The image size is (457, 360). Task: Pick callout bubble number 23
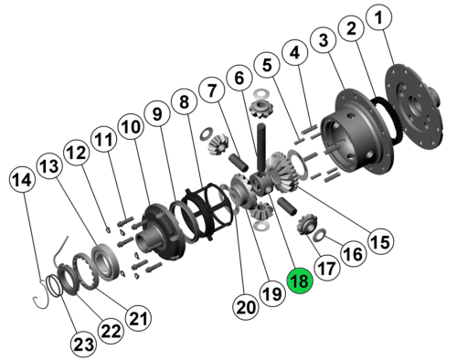(x=83, y=344)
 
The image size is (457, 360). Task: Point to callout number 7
(x=211, y=90)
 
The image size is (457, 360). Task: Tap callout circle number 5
(x=267, y=66)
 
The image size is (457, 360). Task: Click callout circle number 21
(x=138, y=317)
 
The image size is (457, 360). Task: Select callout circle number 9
(x=156, y=114)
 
